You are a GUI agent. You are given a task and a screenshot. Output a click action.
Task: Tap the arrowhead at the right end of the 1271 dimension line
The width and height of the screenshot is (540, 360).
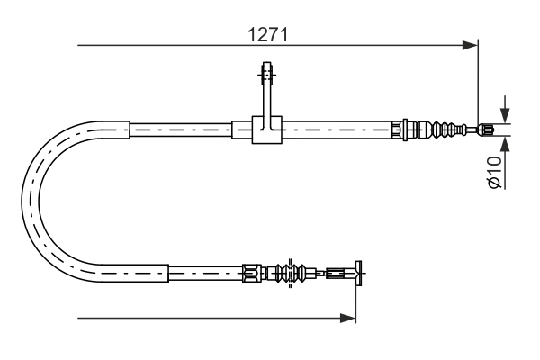[x=470, y=43]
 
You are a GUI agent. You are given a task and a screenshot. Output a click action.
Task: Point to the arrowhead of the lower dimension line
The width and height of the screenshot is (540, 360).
[x=349, y=317]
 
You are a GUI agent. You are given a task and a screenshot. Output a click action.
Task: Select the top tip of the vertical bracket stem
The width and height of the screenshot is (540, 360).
[x=266, y=64]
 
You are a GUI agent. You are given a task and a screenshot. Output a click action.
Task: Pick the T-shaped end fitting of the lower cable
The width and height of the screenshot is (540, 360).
[x=359, y=269]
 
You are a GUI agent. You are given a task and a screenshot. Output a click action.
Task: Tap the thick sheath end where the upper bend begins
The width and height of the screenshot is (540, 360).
[x=131, y=130]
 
